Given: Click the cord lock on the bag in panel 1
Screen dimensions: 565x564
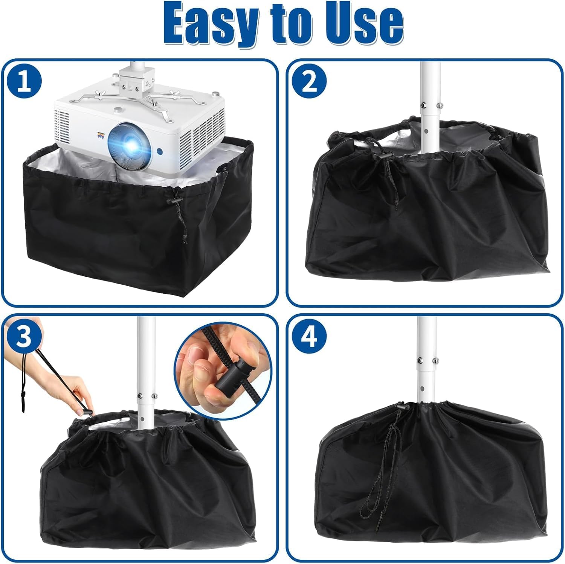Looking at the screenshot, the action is (176, 202).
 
